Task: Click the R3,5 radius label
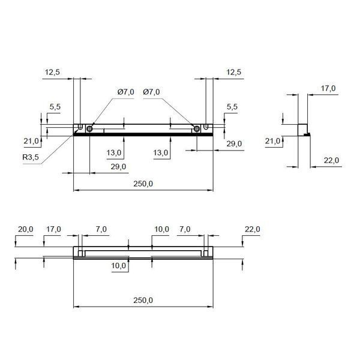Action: [x=31, y=157]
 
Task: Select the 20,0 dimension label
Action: [x=25, y=229]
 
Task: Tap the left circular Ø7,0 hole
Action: [x=89, y=129]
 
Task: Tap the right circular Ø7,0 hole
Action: [x=197, y=129]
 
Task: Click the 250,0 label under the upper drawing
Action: [x=143, y=184]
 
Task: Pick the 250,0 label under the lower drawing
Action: [x=143, y=300]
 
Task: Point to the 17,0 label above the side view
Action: [x=328, y=88]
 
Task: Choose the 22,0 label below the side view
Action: [x=331, y=160]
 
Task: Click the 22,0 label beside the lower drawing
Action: [x=253, y=229]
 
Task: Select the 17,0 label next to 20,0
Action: [x=54, y=229]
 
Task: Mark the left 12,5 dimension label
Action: [x=52, y=72]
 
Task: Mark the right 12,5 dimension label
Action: [x=234, y=72]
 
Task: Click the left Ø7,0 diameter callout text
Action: [x=126, y=92]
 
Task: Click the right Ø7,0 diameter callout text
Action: [x=151, y=92]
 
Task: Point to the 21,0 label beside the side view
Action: [x=272, y=141]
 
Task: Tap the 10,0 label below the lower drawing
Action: [x=118, y=266]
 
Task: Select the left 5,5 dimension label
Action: [x=55, y=107]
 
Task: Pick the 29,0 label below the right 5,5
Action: [x=234, y=144]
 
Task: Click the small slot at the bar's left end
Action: [x=80, y=127]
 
